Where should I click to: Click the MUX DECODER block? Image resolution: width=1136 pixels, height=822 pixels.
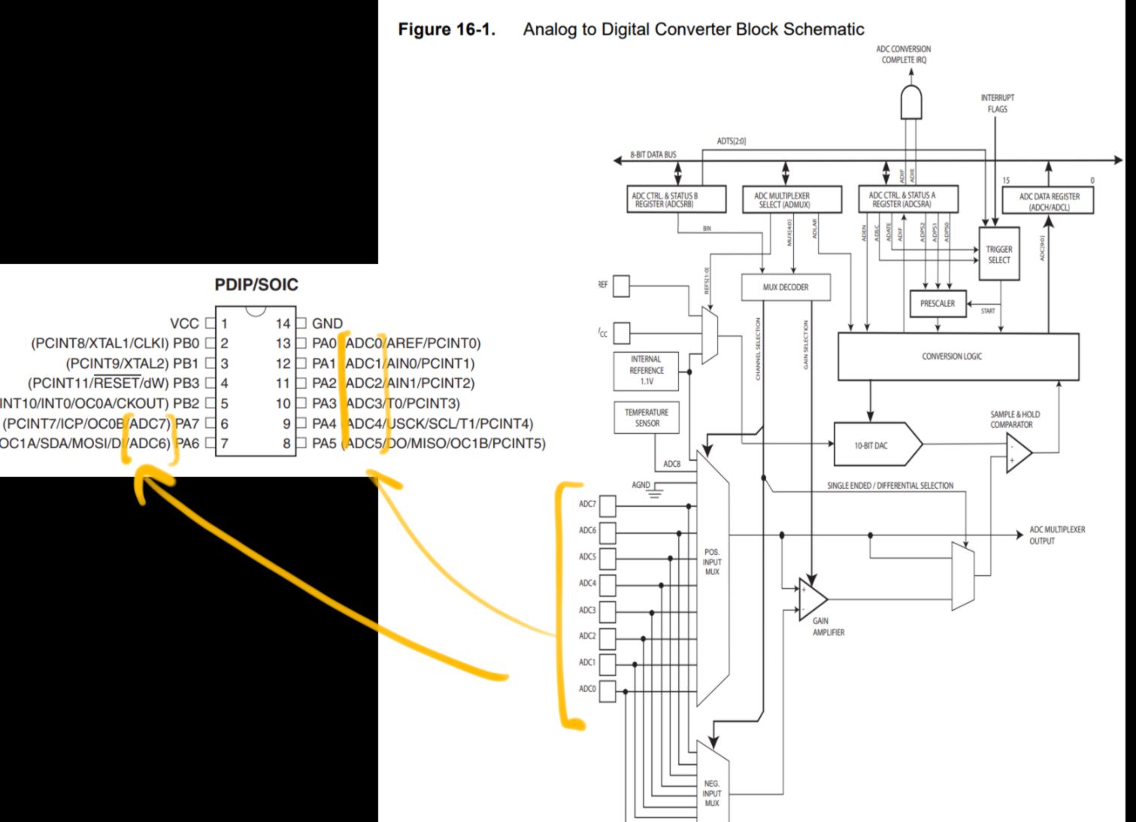coord(786,287)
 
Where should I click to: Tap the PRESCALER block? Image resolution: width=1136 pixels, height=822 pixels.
coord(938,304)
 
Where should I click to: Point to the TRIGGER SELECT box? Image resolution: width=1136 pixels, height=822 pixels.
coord(999,254)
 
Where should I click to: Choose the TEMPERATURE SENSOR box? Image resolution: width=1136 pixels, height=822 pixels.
coord(647,418)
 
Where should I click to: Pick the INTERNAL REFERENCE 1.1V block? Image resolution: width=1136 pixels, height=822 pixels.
coord(647,370)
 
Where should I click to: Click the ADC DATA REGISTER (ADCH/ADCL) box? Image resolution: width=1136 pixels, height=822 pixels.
coord(1048,201)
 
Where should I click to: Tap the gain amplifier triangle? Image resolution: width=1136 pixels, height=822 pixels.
coord(811,599)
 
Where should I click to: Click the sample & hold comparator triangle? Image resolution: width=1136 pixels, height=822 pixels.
coord(1018,452)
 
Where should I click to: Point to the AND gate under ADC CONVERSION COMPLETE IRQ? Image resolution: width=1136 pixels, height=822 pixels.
coord(911,103)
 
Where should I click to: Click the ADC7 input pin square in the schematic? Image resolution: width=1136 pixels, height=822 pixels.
coord(607,505)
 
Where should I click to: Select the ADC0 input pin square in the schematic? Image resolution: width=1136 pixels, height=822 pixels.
coord(607,690)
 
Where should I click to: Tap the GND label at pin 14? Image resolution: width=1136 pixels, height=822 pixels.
coord(327,323)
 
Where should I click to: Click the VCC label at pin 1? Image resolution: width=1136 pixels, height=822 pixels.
coord(184,323)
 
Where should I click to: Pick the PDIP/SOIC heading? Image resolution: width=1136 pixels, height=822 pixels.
coord(256,285)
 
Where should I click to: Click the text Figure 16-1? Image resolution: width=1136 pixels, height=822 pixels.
coord(447,29)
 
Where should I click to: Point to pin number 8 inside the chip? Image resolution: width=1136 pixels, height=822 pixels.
coord(286,444)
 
